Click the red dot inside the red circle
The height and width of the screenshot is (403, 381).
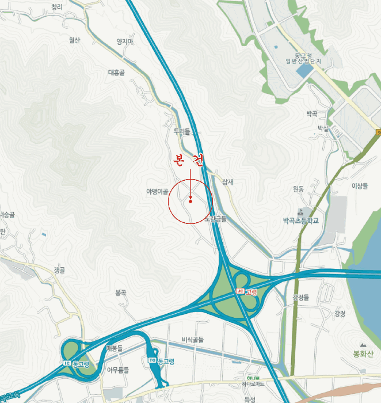(190, 201)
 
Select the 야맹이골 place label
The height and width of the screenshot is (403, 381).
(157, 191)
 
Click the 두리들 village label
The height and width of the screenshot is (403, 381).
(181, 132)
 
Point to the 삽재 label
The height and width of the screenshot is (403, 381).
(227, 182)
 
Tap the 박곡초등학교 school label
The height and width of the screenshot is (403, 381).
(300, 220)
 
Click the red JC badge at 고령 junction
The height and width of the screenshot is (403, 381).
(241, 292)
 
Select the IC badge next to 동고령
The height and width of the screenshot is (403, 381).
(67, 363)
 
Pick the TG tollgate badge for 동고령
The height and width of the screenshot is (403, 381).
(152, 360)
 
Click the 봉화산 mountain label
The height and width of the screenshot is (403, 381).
(364, 353)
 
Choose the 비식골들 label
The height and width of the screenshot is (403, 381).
(193, 340)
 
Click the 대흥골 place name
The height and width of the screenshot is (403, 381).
(116, 73)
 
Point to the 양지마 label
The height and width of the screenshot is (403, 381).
(124, 41)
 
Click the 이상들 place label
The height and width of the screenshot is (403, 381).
(359, 185)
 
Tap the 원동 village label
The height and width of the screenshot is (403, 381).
(298, 188)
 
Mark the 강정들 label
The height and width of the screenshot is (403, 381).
(300, 298)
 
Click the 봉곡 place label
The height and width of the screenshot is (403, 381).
(120, 292)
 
